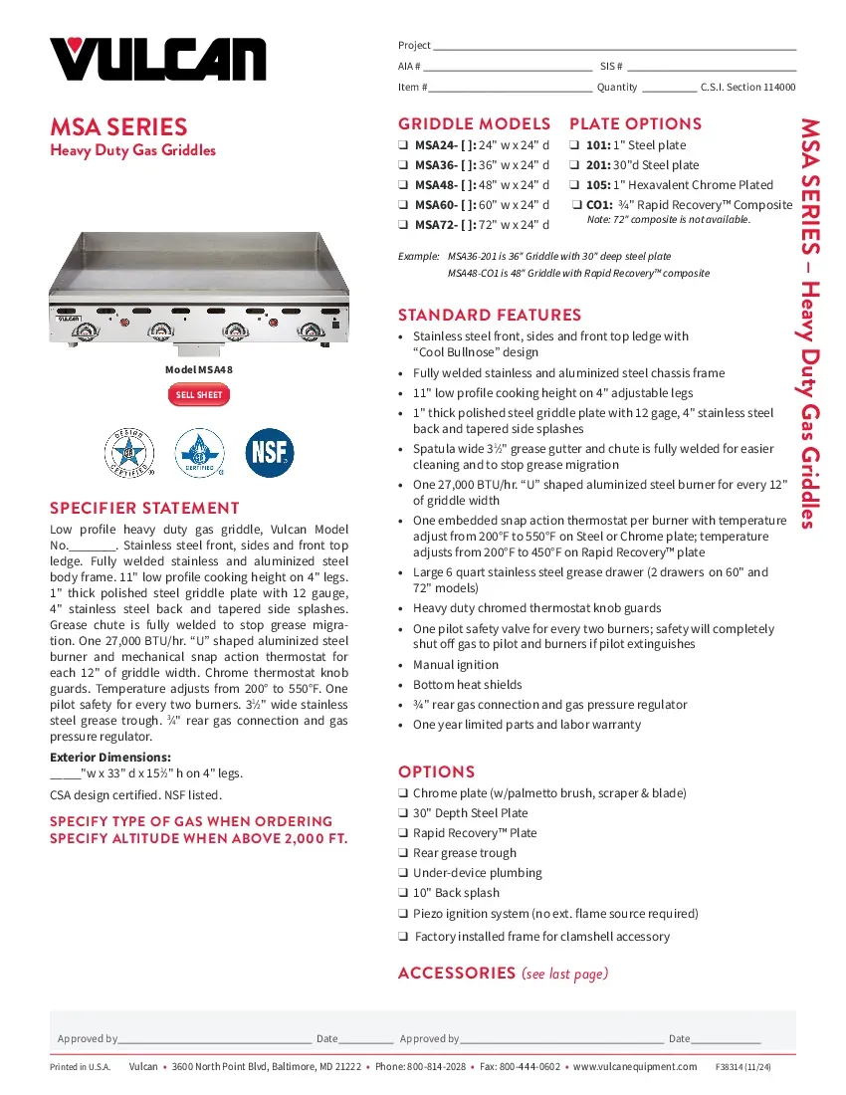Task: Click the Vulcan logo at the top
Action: coord(158,59)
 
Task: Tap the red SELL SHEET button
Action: coord(199,395)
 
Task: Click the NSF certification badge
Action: coord(270,453)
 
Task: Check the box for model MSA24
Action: coord(403,145)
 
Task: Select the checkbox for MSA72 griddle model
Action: coord(403,225)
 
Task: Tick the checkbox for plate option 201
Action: coord(575,165)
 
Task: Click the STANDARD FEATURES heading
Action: coord(489,315)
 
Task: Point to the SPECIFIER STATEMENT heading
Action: coord(144,508)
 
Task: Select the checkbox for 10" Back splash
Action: coord(403,893)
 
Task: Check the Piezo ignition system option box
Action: coord(403,914)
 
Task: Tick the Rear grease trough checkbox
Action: coord(403,853)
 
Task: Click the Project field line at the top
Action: coord(614,46)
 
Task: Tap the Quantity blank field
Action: coord(669,88)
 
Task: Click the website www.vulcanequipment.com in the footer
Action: coord(635,1067)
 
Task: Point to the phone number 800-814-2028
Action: coord(436,1067)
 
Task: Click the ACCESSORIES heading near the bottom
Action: coord(455,973)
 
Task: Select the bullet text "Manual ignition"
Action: coord(456,665)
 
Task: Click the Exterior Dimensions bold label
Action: coord(110,758)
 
